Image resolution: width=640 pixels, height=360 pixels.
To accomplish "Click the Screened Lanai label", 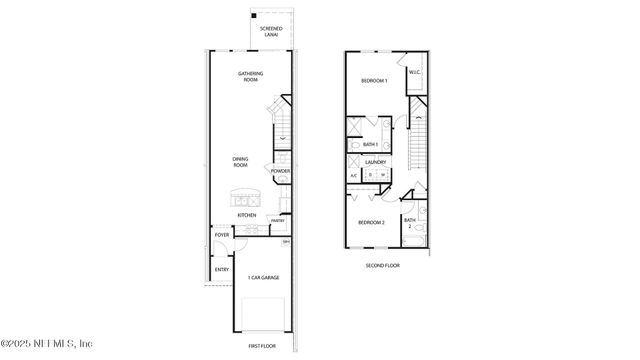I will (x=270, y=32).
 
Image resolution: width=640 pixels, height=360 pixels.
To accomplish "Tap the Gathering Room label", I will (x=251, y=76).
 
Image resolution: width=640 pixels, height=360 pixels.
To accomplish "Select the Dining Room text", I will (x=241, y=161).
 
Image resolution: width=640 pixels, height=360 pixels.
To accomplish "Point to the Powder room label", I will (x=280, y=171).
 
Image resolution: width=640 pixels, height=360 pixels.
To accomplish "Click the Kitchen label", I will (x=246, y=215).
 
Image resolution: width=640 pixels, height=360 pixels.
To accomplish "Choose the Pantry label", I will (x=277, y=221).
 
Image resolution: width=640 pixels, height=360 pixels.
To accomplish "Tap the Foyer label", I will (x=222, y=235).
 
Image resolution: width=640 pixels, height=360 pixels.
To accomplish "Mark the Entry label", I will (x=221, y=269).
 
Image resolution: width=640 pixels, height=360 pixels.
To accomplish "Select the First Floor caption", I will (x=261, y=345).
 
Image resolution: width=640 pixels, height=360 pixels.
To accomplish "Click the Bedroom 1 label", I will (x=375, y=80).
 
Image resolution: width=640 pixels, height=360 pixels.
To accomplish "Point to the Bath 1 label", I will (x=371, y=145).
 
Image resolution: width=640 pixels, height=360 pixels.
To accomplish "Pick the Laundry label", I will (x=376, y=162).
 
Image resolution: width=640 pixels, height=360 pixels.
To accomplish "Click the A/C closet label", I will (x=353, y=177).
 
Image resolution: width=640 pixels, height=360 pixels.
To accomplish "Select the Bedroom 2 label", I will (x=372, y=222).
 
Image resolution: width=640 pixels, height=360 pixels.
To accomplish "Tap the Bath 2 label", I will (x=409, y=223).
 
